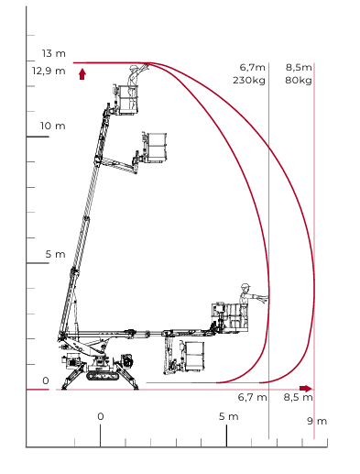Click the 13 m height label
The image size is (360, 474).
(54, 53)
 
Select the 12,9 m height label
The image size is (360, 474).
(49, 72)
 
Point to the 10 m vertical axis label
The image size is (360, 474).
(53, 126)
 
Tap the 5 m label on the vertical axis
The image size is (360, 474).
(55, 254)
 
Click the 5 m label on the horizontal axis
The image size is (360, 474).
(229, 416)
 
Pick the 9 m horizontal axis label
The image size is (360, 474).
(317, 421)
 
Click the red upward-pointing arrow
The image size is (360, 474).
(82, 74)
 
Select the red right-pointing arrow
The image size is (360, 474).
(306, 389)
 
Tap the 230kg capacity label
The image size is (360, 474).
(249, 81)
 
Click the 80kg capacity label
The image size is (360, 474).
(299, 81)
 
